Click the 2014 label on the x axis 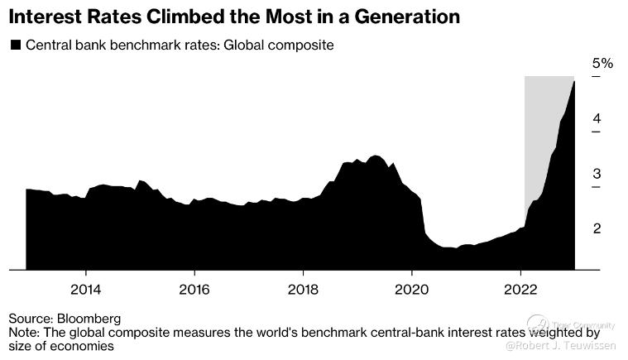coord(85,290)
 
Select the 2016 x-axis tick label coord(194,290)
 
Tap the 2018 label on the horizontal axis coord(303,290)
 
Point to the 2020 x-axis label coord(412,290)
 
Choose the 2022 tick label coord(520,290)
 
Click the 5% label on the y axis coord(602,64)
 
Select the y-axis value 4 coord(597,118)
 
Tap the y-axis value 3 coord(597,174)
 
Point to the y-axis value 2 coord(597,228)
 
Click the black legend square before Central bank coord(15,46)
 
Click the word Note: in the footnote coord(25,333)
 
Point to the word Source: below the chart coord(31,318)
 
